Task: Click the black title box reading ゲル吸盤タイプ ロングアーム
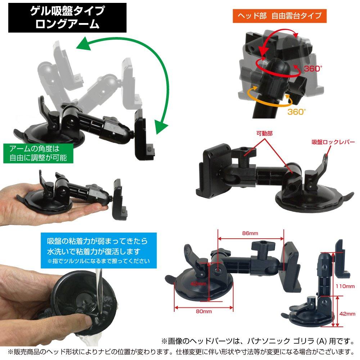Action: (x=67, y=17)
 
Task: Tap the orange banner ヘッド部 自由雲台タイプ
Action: (x=279, y=16)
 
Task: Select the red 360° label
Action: (x=313, y=68)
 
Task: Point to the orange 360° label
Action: (x=296, y=112)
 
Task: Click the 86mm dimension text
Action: (x=250, y=233)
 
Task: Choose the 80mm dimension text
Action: (x=204, y=311)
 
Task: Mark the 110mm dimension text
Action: (x=345, y=286)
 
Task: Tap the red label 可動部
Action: (x=264, y=134)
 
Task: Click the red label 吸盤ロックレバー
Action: (x=333, y=142)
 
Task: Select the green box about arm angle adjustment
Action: (x=38, y=153)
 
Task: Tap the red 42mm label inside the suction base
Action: (x=198, y=284)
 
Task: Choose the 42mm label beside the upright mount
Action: (x=347, y=314)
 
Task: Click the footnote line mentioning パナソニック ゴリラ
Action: (x=258, y=341)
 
